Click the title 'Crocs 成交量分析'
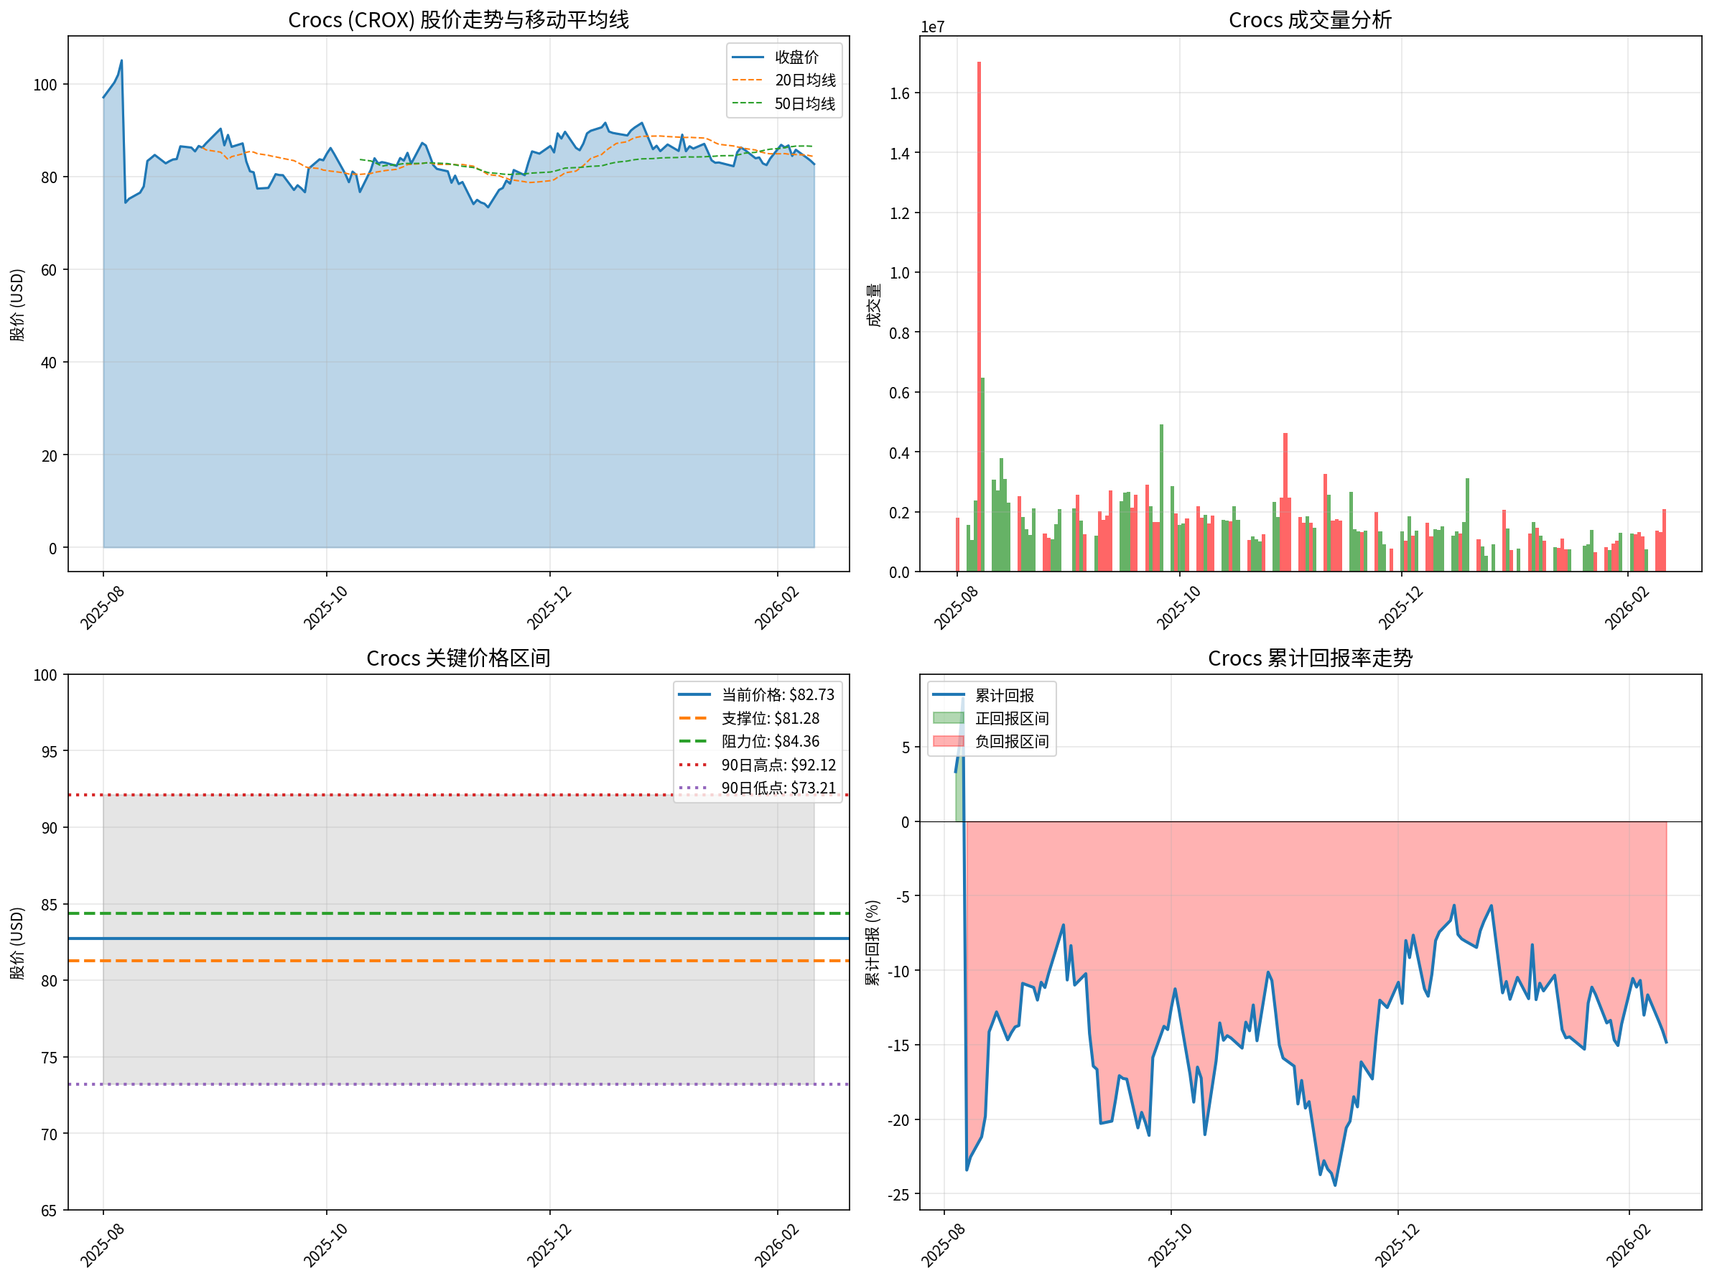click(x=1310, y=20)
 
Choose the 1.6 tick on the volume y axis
click(x=899, y=93)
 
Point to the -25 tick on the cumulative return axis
click(x=898, y=1195)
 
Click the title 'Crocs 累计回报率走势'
click(x=1310, y=658)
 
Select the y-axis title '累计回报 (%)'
click(x=873, y=942)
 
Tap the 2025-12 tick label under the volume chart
click(x=1400, y=607)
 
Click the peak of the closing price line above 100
click(x=121, y=61)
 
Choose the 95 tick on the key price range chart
click(x=50, y=752)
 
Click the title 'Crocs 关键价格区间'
click(x=458, y=658)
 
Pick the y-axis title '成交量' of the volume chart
click(x=874, y=304)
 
